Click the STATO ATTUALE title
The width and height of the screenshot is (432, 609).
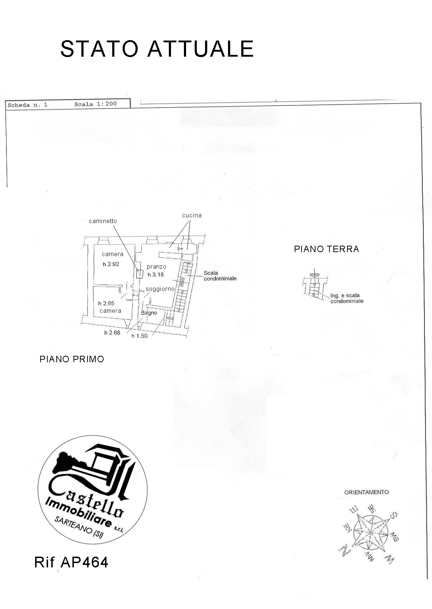coord(157,49)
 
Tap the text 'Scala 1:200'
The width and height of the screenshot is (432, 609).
coord(96,104)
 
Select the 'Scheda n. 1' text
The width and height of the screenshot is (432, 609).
coord(28,105)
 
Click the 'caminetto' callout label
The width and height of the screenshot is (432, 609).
coord(103,221)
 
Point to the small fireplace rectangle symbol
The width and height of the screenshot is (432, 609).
coord(139,274)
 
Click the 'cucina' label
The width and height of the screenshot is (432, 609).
coord(192,216)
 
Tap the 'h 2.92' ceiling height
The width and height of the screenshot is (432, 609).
coord(111,264)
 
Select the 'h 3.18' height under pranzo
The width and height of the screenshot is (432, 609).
coord(156,275)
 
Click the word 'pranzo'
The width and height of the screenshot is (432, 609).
coord(157,267)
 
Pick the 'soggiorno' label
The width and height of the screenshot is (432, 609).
coord(160,289)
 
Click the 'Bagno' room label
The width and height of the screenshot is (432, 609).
coord(149,313)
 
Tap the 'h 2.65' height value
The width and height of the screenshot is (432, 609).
coord(106,303)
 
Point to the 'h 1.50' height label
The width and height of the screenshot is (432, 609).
coord(139,336)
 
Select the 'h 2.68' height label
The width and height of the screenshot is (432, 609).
coord(112,333)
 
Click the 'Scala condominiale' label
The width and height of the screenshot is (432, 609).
coord(220,275)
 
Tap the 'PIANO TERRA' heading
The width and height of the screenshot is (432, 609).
coord(327,249)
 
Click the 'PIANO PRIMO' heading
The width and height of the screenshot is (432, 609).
coord(72,359)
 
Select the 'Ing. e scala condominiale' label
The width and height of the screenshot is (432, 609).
coord(347,298)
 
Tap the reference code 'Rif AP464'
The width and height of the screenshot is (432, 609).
coord(71,562)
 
